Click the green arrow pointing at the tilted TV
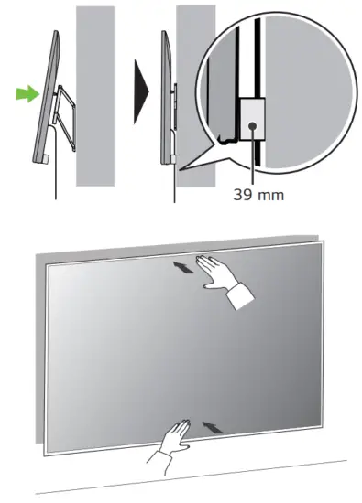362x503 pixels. click(27, 92)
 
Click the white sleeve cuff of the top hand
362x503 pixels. click(242, 297)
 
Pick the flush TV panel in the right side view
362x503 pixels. click(165, 91)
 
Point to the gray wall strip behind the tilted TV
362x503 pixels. click(94, 91)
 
